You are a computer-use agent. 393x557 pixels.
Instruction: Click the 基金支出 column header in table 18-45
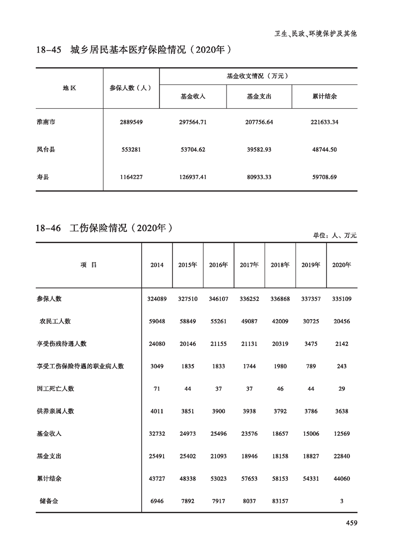[259, 97]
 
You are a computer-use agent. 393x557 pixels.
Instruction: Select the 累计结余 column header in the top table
[325, 97]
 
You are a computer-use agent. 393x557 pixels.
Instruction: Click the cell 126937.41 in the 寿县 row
[193, 177]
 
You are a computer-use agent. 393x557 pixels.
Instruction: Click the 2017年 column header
[249, 265]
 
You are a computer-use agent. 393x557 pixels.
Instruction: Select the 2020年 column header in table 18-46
[341, 265]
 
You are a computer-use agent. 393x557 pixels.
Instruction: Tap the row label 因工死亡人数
[56, 389]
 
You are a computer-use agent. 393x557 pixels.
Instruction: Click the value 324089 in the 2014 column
[157, 299]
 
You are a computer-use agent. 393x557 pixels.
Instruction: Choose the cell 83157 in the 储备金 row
[280, 501]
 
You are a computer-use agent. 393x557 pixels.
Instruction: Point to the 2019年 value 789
[311, 366]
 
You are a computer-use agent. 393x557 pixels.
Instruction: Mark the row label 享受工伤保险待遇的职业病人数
[80, 366]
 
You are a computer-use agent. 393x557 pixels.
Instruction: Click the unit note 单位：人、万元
[335, 236]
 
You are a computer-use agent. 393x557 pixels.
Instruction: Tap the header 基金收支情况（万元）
[258, 76]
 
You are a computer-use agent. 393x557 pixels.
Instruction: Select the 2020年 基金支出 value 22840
[341, 456]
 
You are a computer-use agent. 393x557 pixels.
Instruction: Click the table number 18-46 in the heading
[48, 229]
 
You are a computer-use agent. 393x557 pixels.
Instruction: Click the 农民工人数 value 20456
[341, 321]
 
